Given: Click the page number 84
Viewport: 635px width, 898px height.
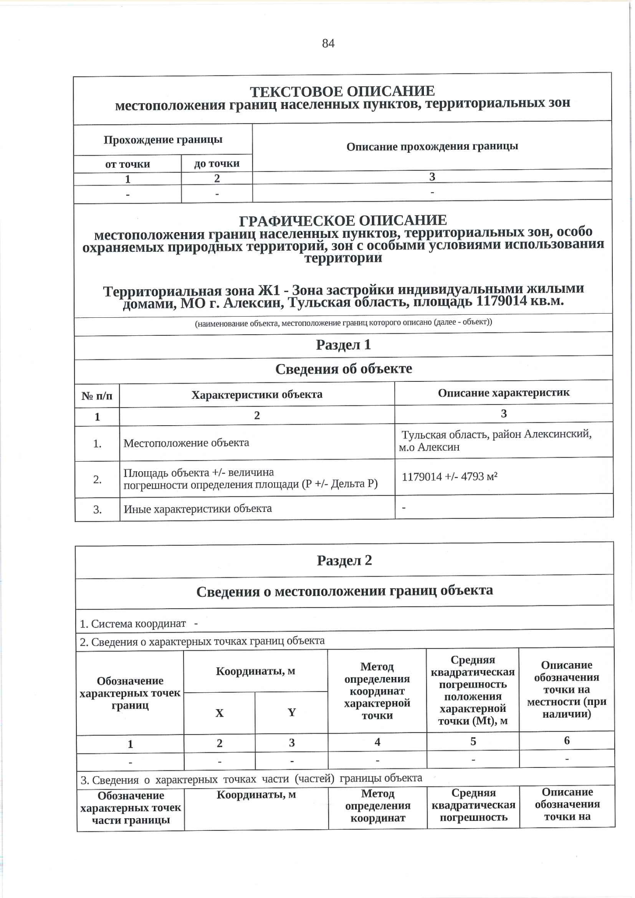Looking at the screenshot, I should pos(328,43).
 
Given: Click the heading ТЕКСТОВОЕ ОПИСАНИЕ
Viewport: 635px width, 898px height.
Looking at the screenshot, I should pos(342,91).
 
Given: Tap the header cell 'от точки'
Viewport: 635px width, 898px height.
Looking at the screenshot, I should pos(128,164).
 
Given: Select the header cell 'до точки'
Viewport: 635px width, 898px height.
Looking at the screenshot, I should pos(216,163).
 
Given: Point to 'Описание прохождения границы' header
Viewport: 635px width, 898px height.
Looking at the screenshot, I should pos(432,146).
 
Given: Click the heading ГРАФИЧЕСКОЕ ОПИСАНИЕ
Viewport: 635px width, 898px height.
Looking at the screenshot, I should pos(343,220).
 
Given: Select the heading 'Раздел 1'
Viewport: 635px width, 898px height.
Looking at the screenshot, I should pos(343,345).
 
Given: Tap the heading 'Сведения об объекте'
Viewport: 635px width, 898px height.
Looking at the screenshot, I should pos(343,369).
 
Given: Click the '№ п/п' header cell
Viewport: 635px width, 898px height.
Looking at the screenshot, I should pos(97,396).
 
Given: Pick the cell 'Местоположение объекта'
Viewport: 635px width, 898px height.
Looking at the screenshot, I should pos(186,443).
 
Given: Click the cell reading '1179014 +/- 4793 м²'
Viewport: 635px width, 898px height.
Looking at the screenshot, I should pos(449,477).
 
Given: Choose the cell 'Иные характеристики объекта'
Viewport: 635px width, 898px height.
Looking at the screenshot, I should pos(197,509).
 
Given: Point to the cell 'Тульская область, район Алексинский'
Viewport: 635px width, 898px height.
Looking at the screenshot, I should pos(496,435).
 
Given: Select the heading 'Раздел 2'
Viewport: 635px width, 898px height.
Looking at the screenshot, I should pos(344,561).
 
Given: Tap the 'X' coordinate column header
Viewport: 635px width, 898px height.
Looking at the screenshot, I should pos(219,713).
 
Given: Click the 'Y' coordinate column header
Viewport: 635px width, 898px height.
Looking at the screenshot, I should pos(292,712).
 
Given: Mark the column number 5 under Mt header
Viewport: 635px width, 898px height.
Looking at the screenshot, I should pos(473,741).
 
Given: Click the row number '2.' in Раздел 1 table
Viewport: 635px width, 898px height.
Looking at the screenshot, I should pos(97,480).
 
